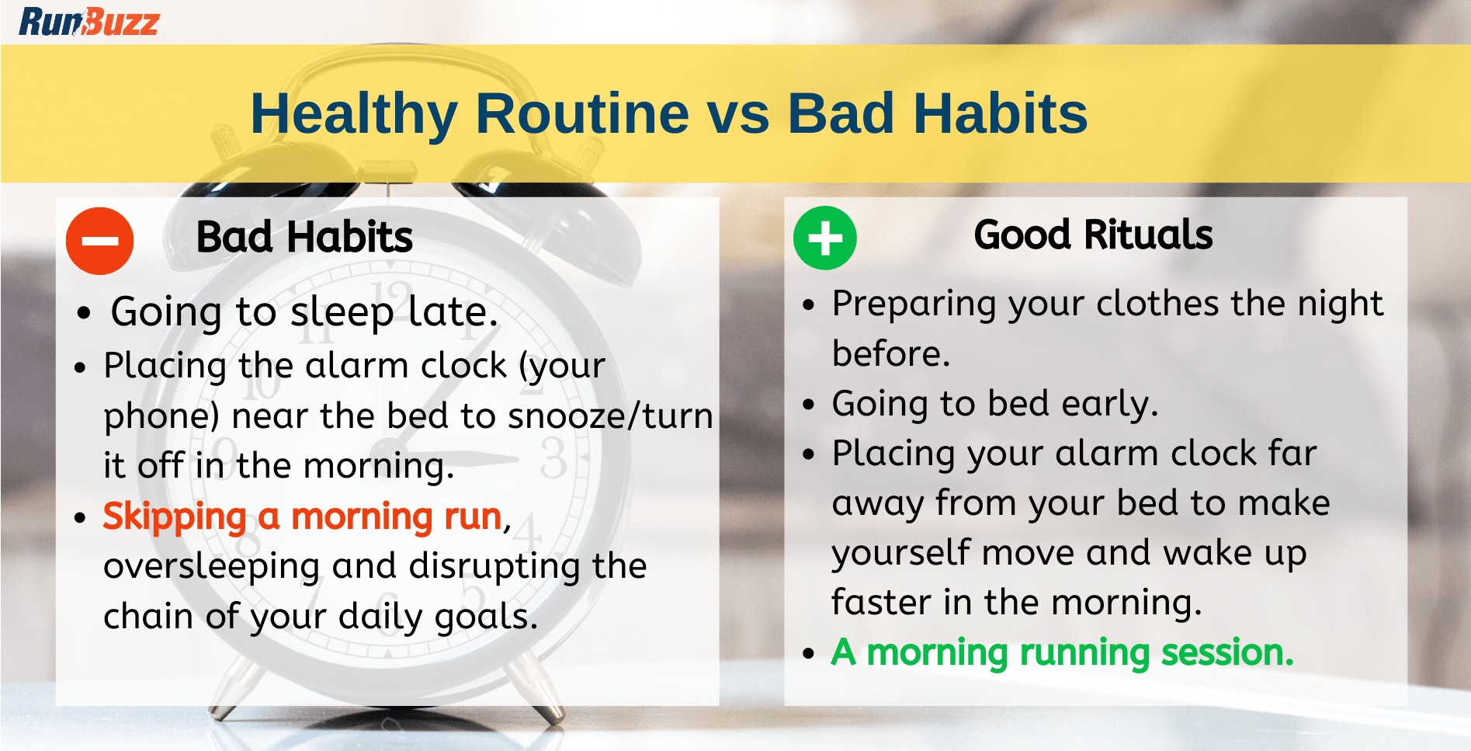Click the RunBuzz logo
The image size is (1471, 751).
coord(89,22)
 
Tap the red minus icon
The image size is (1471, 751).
coord(100,241)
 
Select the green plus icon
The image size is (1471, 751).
coord(825,238)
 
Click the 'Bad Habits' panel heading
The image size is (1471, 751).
coord(304,237)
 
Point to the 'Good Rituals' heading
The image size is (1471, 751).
coord(1093,235)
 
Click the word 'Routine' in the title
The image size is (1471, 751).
coord(582,113)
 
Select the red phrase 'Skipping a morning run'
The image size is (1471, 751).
coord(303,516)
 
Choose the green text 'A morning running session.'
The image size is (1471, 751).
coord(1063,652)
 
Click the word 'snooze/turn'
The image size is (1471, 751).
coord(610,415)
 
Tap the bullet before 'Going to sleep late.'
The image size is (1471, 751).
coord(84,314)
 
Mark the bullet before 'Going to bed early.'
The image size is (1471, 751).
coord(809,405)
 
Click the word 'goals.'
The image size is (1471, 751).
coord(486,617)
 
